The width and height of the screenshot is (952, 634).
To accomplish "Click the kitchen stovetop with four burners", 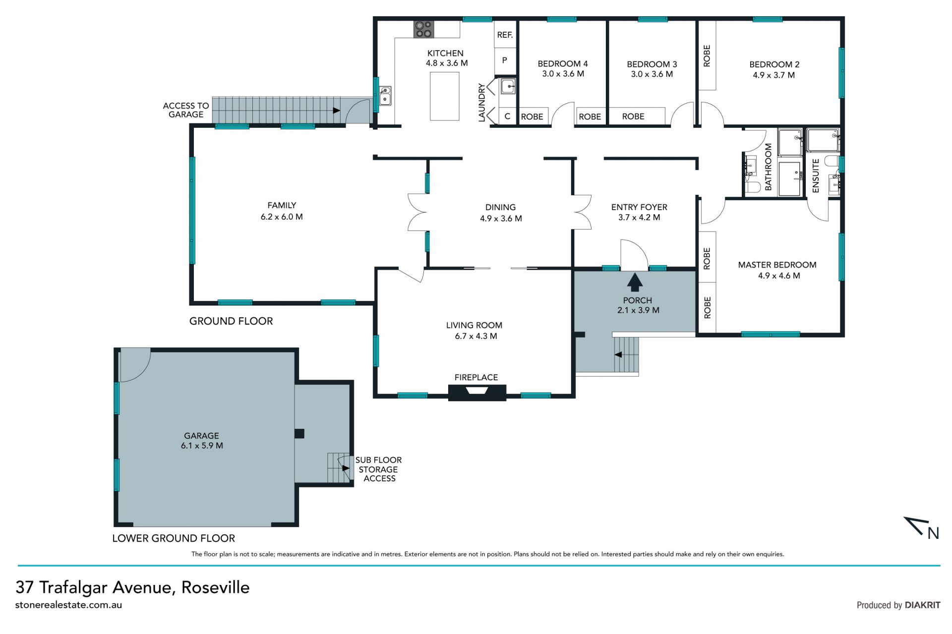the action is click(423, 29).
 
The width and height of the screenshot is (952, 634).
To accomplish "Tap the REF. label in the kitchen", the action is click(505, 35).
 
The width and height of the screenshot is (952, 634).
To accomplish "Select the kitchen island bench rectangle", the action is click(444, 96).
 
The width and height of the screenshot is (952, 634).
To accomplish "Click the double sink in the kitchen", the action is click(385, 96).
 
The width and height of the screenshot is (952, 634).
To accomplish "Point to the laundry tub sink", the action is click(508, 87).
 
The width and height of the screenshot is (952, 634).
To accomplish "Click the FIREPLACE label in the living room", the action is click(476, 377).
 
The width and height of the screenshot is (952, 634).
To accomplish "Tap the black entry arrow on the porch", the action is click(635, 283).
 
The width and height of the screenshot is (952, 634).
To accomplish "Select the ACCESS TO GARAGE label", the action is click(186, 110).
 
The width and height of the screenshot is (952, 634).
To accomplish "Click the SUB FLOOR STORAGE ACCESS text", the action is click(379, 469).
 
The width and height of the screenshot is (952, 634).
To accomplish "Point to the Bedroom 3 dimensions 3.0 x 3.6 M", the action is click(652, 74).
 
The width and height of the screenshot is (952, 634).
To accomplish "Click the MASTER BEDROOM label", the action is click(777, 265).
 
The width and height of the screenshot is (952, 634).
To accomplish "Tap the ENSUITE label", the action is click(816, 175).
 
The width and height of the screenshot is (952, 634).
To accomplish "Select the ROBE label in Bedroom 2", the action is click(707, 56).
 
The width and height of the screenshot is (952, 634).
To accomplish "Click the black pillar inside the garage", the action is click(299, 433).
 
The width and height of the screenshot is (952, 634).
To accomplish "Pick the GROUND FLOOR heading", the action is click(231, 321).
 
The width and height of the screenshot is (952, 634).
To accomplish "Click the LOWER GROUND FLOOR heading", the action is click(174, 538).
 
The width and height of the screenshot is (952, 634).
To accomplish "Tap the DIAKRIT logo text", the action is click(922, 605).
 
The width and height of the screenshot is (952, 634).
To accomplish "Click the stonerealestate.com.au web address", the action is click(68, 605).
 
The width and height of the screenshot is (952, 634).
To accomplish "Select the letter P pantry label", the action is click(505, 60).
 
